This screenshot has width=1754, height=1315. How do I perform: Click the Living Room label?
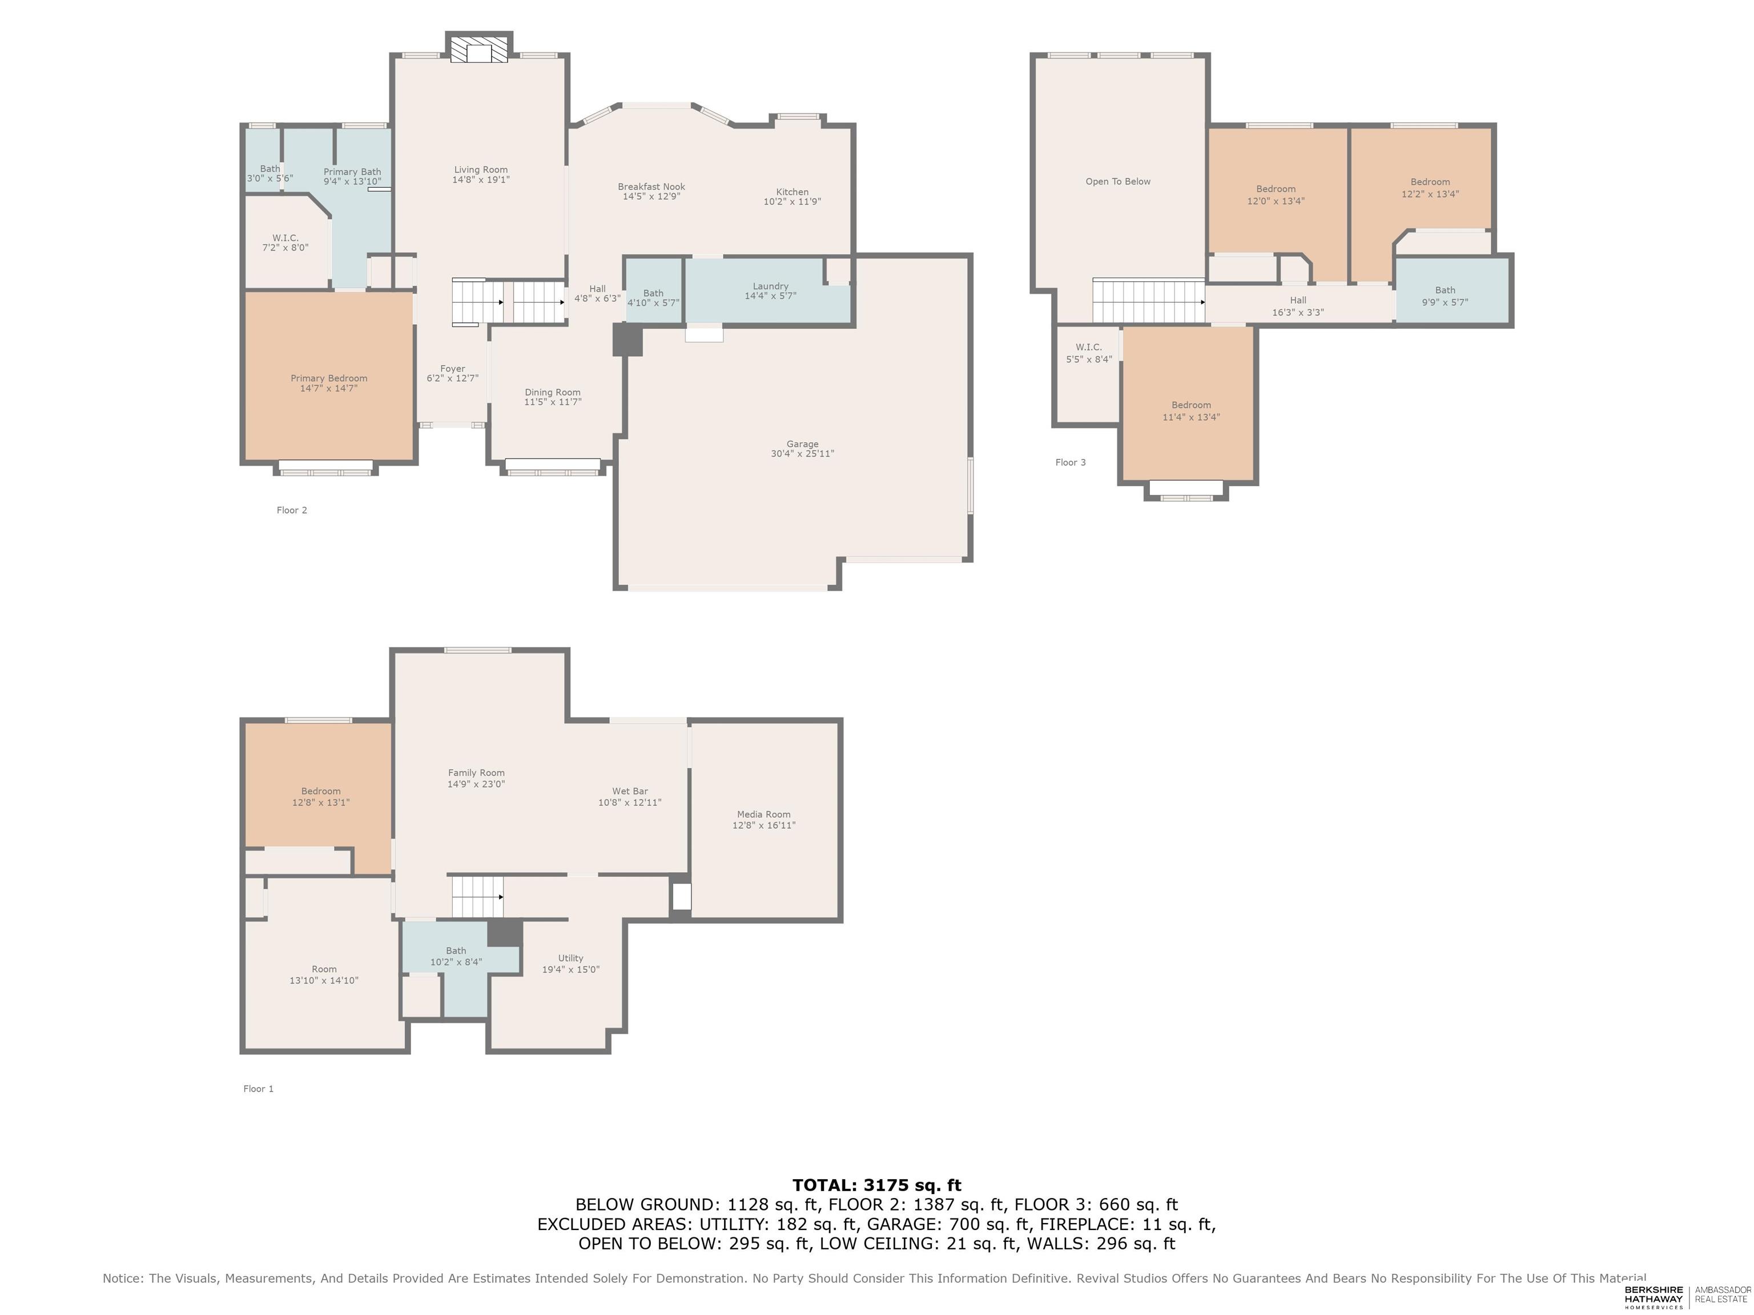point(481,170)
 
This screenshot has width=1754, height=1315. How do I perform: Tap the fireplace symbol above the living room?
point(480,47)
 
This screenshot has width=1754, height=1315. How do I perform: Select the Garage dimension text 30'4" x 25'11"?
point(802,454)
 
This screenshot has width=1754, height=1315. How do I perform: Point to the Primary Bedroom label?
point(329,378)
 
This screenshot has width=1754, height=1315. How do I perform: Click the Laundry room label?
point(771,286)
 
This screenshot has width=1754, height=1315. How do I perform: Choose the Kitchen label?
point(792,192)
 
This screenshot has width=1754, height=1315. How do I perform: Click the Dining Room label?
point(553,392)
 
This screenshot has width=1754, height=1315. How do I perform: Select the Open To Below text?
point(1118,181)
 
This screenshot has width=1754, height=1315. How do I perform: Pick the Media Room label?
point(763,814)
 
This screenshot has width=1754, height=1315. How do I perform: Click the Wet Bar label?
point(630,791)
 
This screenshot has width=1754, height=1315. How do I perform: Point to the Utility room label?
point(571,958)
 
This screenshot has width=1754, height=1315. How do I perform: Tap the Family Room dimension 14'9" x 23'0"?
point(476,784)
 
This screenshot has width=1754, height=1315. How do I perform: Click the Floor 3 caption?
point(1071,462)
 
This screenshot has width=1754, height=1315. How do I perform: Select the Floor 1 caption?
point(259,1089)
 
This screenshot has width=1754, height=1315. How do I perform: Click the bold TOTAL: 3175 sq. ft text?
point(877,1185)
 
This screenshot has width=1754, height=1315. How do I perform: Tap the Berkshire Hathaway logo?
point(1654,1297)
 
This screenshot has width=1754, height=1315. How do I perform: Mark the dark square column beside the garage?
point(627,340)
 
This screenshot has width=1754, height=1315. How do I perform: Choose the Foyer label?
point(453,369)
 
